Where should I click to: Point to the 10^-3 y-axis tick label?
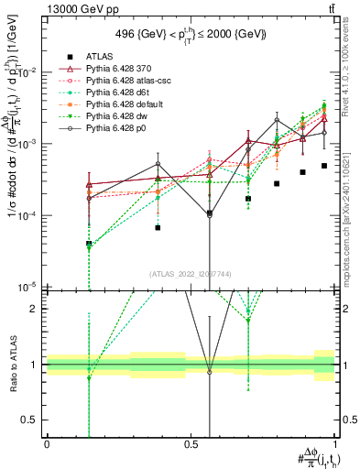coord(27,144)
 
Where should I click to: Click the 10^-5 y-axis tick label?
coord(27,287)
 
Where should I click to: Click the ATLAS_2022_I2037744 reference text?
coord(191,274)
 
